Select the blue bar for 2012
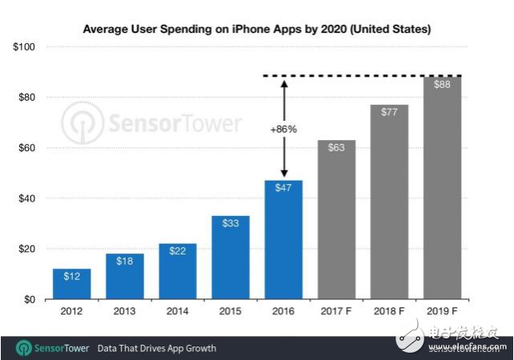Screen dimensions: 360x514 [71, 285]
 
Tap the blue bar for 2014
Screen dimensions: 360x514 [177, 272]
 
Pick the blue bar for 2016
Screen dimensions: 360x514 [283, 240]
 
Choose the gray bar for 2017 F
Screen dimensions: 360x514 [335, 220]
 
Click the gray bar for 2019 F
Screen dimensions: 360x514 [441, 188]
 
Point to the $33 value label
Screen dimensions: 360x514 [230, 223]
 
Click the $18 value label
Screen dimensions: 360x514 [124, 262]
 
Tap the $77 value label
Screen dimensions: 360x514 [388, 112]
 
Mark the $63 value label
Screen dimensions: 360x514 [335, 147]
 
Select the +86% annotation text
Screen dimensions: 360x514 [283, 128]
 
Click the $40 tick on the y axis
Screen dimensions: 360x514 [28, 198]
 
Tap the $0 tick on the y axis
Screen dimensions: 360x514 [31, 299]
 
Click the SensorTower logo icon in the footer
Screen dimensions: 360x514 [22, 348]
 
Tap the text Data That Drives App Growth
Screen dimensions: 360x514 [156, 348]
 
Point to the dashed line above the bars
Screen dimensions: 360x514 [360, 76]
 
